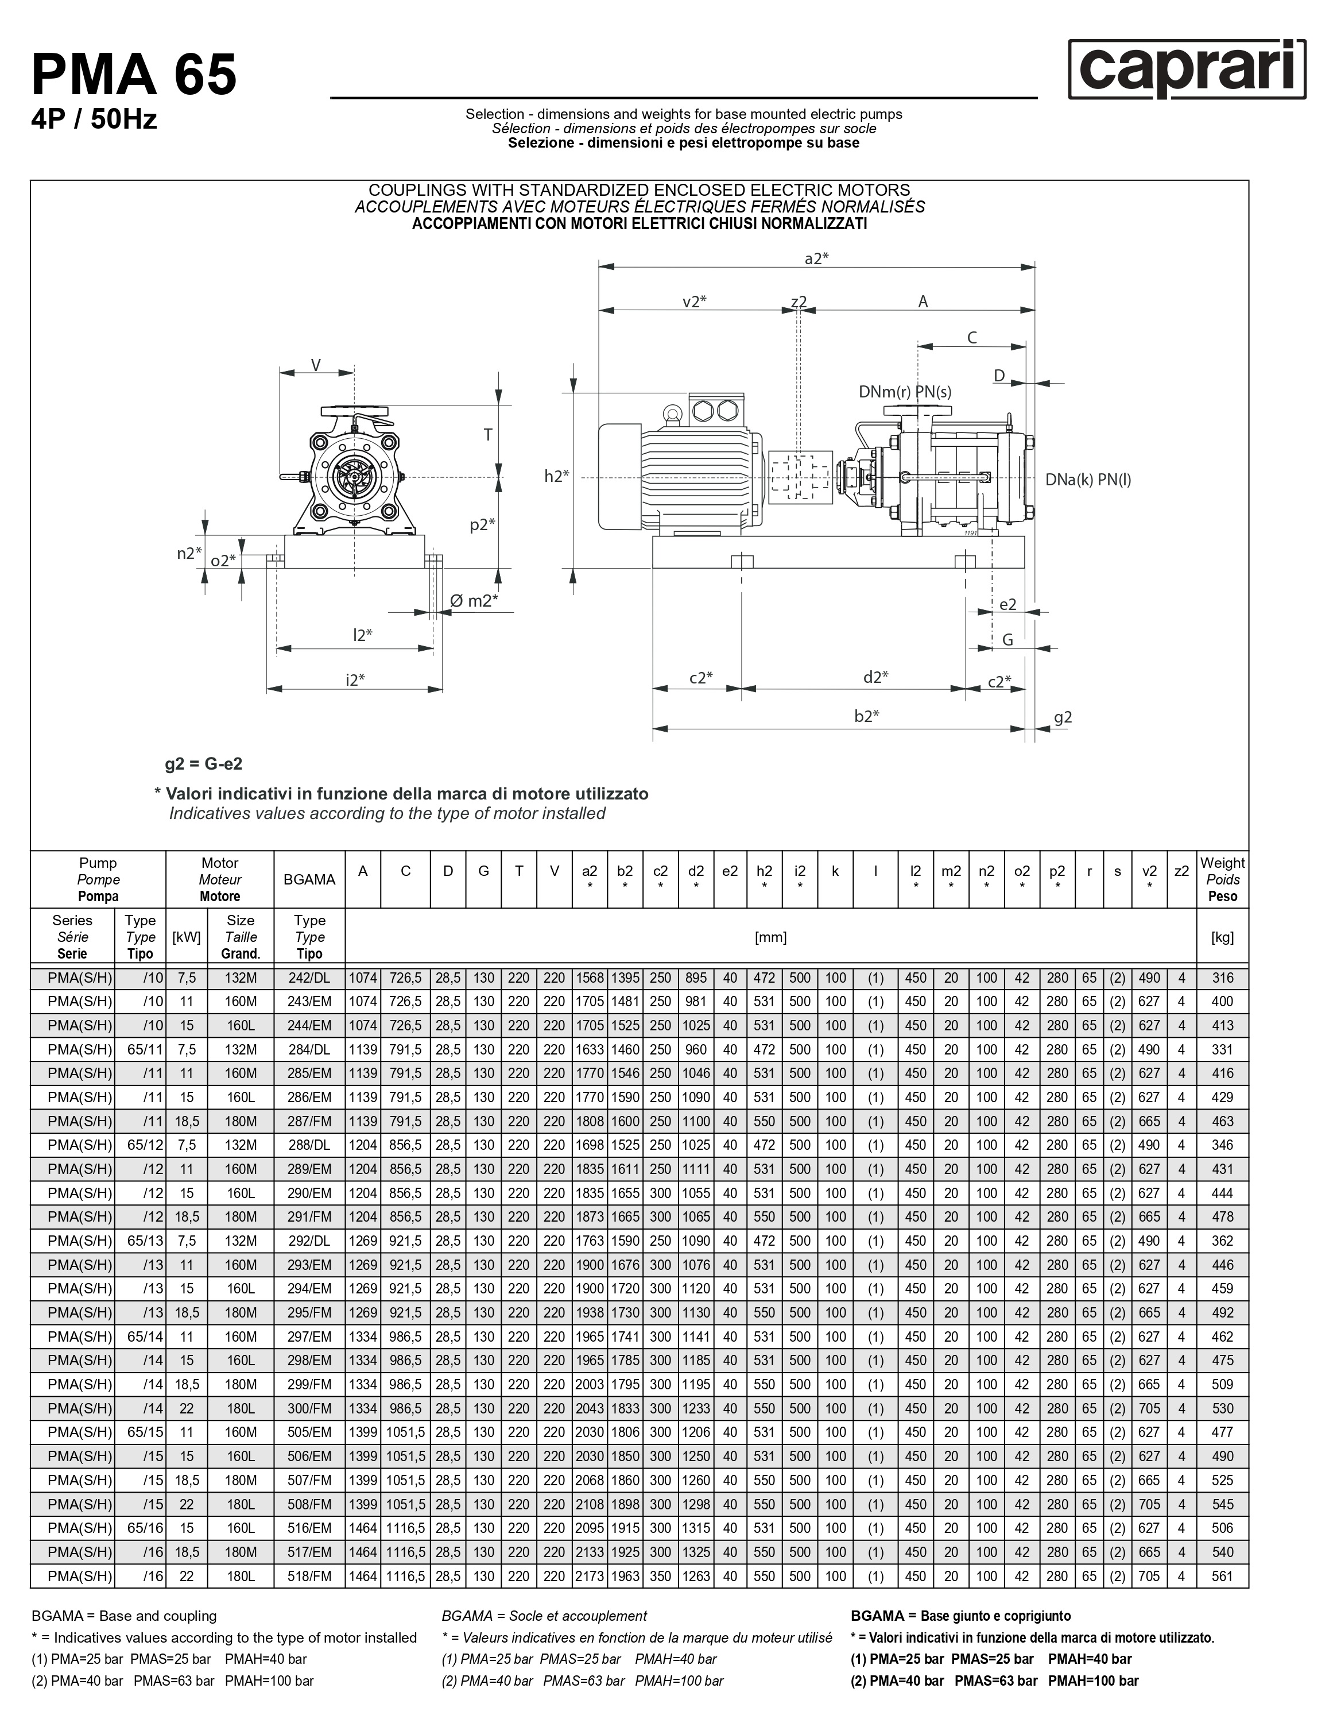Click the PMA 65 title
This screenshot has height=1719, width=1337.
click(x=134, y=75)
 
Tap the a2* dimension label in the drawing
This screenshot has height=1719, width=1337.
click(x=816, y=258)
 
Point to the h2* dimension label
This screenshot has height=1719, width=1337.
click(x=556, y=476)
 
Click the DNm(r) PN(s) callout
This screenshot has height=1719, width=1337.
click(x=905, y=391)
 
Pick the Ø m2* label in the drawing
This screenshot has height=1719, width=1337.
click(x=474, y=601)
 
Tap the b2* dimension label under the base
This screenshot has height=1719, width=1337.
click(x=866, y=716)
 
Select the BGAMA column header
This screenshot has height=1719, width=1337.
click(x=309, y=879)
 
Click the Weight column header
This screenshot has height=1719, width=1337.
click(x=1222, y=879)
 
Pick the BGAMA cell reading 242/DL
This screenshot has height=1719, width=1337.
click(x=309, y=978)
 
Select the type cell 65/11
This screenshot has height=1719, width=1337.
click(x=140, y=1049)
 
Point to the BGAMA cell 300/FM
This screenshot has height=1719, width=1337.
click(x=309, y=1408)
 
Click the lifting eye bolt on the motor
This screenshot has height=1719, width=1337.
click(x=672, y=412)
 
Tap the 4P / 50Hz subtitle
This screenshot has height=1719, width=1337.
click(x=94, y=119)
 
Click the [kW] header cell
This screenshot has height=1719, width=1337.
click(x=187, y=937)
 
